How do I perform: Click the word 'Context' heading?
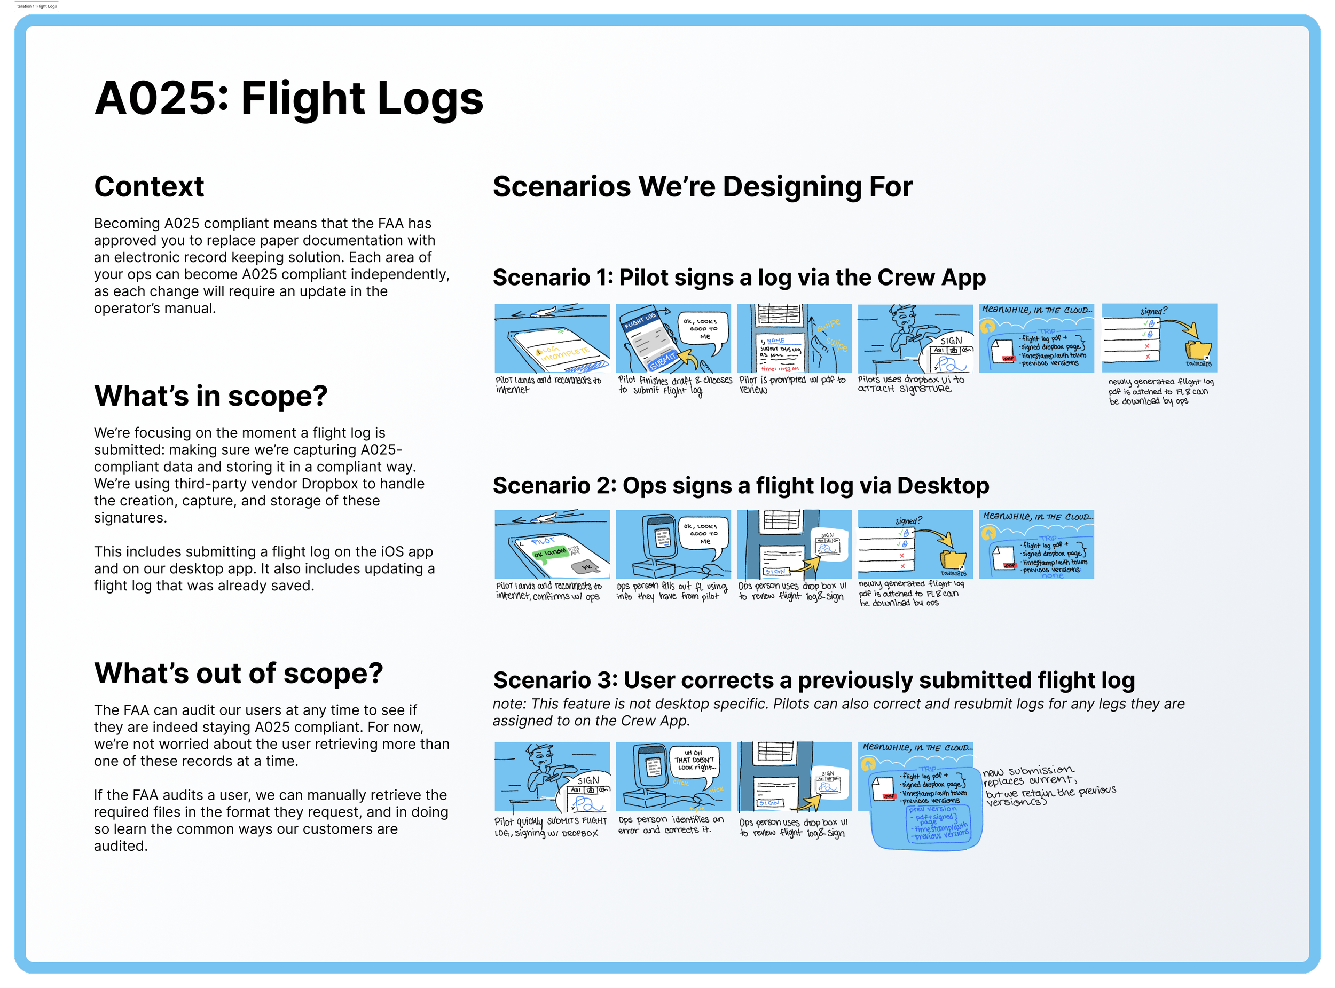pyautogui.click(x=149, y=187)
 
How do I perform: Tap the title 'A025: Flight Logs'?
pyautogui.click(x=288, y=99)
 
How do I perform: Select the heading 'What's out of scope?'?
pyautogui.click(x=238, y=674)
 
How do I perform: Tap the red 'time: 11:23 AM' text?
pyautogui.click(x=780, y=369)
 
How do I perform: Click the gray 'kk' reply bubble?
pyautogui.click(x=586, y=567)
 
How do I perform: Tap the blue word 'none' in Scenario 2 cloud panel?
pyautogui.click(x=1052, y=575)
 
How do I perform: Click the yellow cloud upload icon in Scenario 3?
pyautogui.click(x=868, y=764)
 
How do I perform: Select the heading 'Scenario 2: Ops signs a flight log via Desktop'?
pyautogui.click(x=741, y=486)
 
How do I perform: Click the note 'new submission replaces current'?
pyautogui.click(x=1029, y=775)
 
